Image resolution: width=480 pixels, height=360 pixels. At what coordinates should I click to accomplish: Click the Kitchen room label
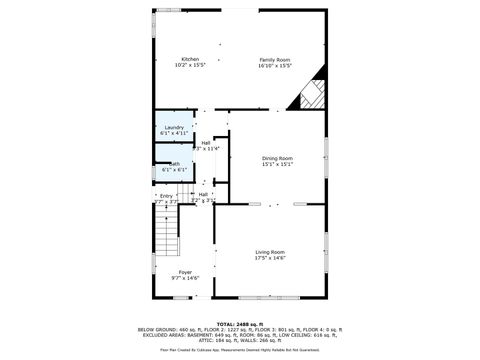(x=190, y=59)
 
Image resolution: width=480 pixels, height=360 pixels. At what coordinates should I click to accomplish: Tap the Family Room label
(x=275, y=59)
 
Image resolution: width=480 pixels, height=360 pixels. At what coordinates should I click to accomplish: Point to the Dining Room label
(x=277, y=158)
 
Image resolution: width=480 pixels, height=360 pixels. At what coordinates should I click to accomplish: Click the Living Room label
(x=270, y=251)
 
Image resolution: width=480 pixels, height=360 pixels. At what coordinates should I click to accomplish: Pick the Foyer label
(x=185, y=271)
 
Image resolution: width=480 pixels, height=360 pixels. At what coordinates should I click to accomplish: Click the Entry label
(x=166, y=195)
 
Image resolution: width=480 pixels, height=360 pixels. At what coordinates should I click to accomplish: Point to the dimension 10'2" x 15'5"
(x=190, y=66)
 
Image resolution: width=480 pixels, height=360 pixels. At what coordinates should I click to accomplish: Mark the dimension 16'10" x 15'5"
(x=275, y=66)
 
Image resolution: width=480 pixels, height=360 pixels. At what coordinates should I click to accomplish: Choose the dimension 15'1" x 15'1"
(x=277, y=165)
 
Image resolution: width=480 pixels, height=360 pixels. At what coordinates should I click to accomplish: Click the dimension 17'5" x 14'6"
(x=270, y=258)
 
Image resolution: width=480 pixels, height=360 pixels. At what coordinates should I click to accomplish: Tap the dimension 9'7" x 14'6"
(x=185, y=278)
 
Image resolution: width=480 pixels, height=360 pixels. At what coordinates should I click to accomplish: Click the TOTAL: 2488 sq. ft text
(x=240, y=322)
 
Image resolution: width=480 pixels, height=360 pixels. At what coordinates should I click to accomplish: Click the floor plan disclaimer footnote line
(x=240, y=349)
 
